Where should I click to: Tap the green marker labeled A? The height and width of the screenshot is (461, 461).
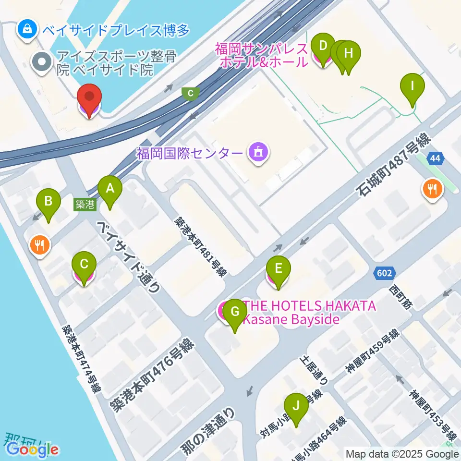tap(110, 190)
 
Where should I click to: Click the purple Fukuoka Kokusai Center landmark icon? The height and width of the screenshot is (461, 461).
tap(258, 153)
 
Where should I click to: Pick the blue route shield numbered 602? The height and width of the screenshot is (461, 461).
tap(385, 273)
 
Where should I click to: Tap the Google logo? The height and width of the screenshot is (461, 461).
tap(33, 449)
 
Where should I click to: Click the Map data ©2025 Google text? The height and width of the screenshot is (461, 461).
tap(402, 454)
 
